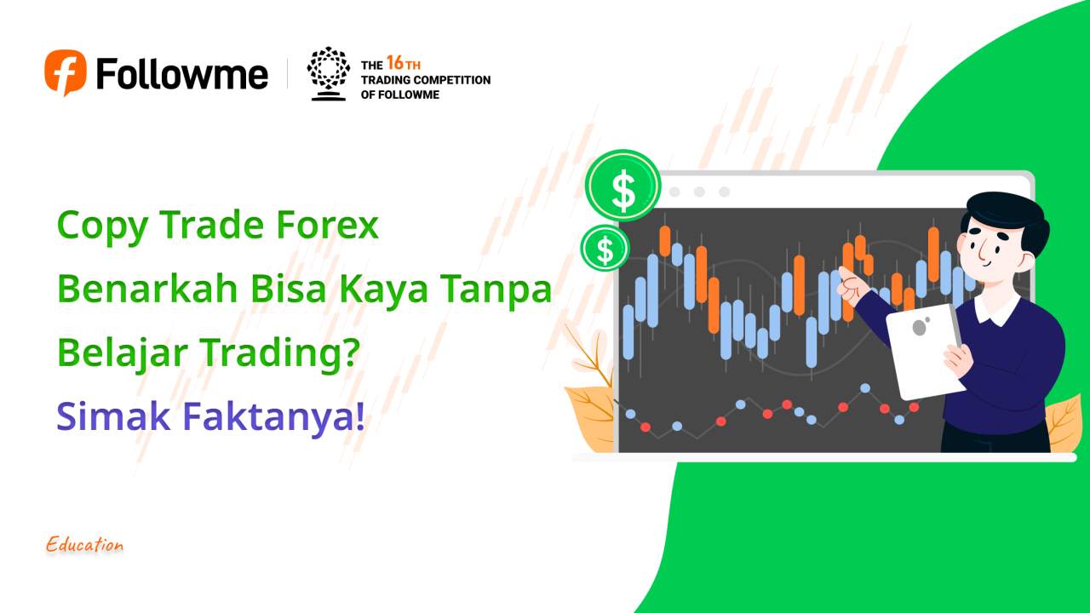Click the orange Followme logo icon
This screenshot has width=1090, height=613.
point(66,72)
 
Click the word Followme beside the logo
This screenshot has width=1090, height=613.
point(182,73)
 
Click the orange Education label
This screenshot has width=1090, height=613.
point(85,545)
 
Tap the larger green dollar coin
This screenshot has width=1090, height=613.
point(623,186)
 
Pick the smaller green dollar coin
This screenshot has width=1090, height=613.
point(605,249)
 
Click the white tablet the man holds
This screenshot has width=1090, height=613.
point(926,351)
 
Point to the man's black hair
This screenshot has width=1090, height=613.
point(1005,213)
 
